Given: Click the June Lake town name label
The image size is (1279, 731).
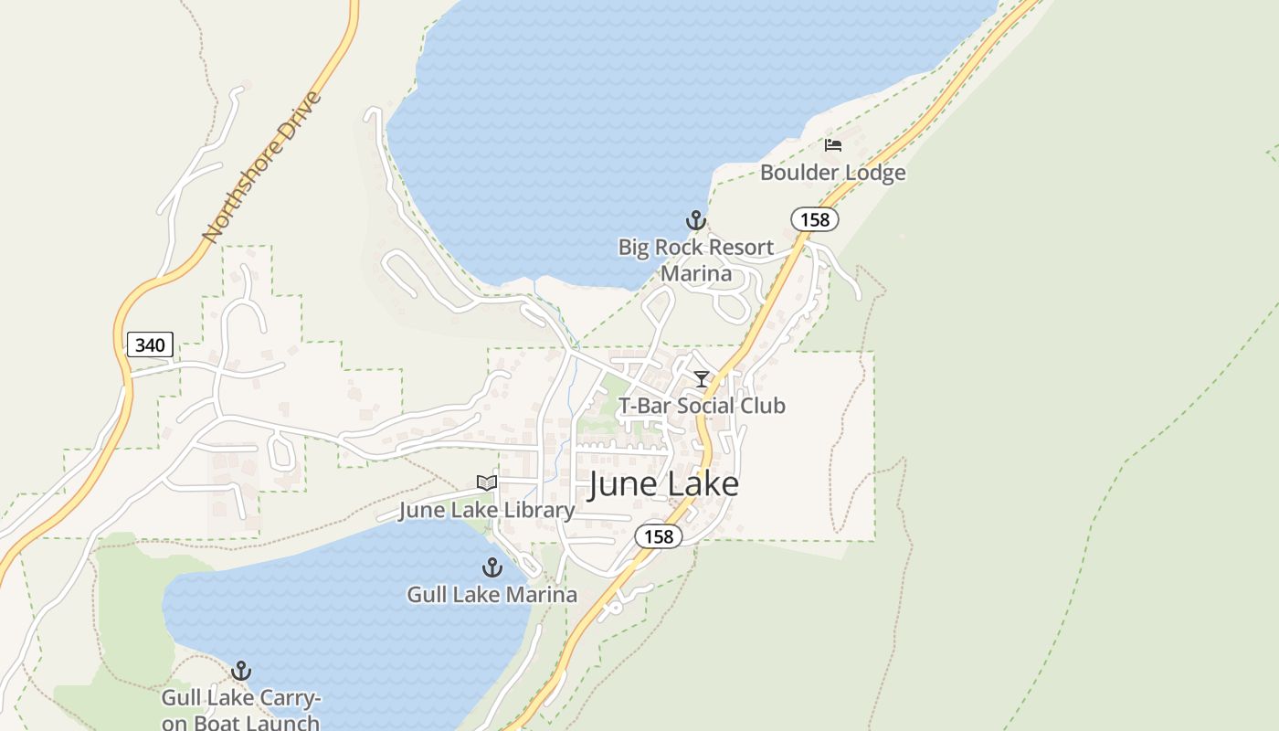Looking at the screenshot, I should click(x=663, y=484).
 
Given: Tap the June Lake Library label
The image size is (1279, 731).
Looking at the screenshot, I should click(x=486, y=510).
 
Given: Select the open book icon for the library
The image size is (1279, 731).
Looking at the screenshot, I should click(x=487, y=482).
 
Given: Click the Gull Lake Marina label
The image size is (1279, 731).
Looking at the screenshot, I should click(x=492, y=595).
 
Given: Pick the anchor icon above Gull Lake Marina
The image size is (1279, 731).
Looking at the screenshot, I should click(x=492, y=567).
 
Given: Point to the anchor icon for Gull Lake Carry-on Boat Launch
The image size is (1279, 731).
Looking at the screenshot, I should click(x=241, y=672).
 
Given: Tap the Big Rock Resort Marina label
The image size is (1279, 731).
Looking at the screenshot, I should click(x=696, y=260).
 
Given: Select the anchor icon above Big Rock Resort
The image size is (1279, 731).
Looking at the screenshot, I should click(x=696, y=220).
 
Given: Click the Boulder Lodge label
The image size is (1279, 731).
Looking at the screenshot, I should click(x=832, y=173).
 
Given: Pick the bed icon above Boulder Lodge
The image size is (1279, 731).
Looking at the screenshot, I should click(x=832, y=145).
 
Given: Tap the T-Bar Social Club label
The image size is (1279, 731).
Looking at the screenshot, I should click(x=702, y=406).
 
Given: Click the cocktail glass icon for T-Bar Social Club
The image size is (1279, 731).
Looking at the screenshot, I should click(x=702, y=379).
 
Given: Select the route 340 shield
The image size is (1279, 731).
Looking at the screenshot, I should click(x=150, y=344).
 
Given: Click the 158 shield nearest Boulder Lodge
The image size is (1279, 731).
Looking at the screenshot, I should click(x=814, y=219).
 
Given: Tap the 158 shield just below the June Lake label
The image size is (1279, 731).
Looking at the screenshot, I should click(x=659, y=536).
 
